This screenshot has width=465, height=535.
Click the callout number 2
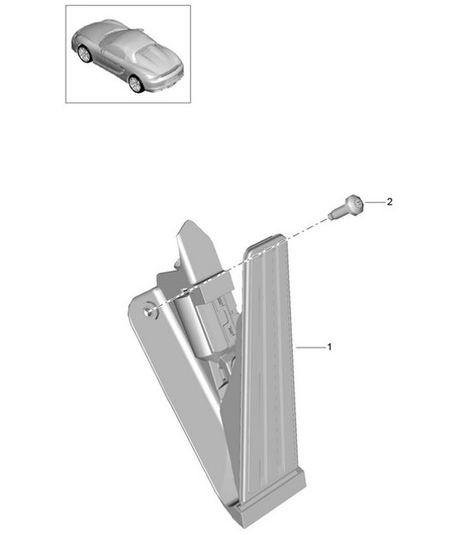tap(389, 203)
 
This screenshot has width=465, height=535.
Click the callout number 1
tap(328, 348)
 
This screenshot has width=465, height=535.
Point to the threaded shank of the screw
tap(337, 210)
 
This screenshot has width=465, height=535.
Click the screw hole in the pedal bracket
tap(149, 311)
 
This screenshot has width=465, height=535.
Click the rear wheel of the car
tap(135, 83)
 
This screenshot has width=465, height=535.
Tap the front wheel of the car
tap(84, 54)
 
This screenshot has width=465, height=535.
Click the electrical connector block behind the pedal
tap(218, 319)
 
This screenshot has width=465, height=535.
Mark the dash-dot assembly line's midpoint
tap(239, 262)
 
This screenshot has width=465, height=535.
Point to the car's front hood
tap(85, 34)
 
